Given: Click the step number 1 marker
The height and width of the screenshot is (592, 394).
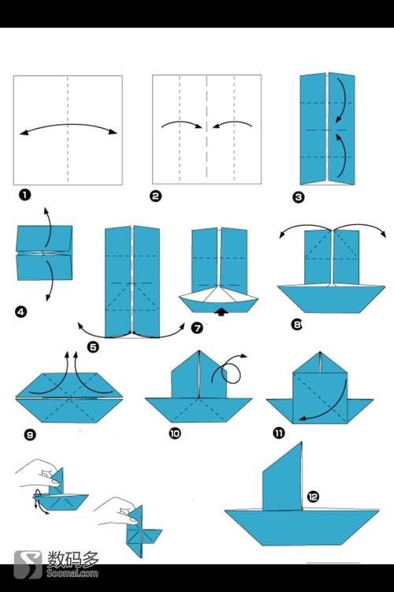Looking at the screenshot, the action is point(24,195).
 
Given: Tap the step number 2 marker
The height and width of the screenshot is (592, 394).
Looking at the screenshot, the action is point(155,196).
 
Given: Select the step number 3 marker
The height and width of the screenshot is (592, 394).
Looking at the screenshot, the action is point(298,197).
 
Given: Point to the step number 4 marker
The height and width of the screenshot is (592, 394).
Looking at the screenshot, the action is point(21,312).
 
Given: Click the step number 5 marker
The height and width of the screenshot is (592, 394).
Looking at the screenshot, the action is point(93,347).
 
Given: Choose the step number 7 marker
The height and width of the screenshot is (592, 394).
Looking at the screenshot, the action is point(197,328).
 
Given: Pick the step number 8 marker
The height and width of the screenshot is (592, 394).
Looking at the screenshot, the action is point(297,324).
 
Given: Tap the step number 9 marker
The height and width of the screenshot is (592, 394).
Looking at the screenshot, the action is point(30,435).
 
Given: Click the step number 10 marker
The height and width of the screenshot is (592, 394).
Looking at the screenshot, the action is point(175,433).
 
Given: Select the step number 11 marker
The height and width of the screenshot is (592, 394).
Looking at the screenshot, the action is point(278,433).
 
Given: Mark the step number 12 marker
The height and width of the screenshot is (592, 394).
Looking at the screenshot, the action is point(313,496).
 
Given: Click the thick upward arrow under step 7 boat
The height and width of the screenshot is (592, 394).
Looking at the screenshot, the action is point(222,312).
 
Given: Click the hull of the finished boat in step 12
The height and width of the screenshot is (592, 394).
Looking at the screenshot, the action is point(302,527).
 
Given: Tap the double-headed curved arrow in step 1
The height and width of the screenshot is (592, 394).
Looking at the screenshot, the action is point(69,125).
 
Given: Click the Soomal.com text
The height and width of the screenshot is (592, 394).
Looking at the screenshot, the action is point(72,574).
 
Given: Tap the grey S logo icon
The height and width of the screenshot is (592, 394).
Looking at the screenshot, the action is point(28,565).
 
